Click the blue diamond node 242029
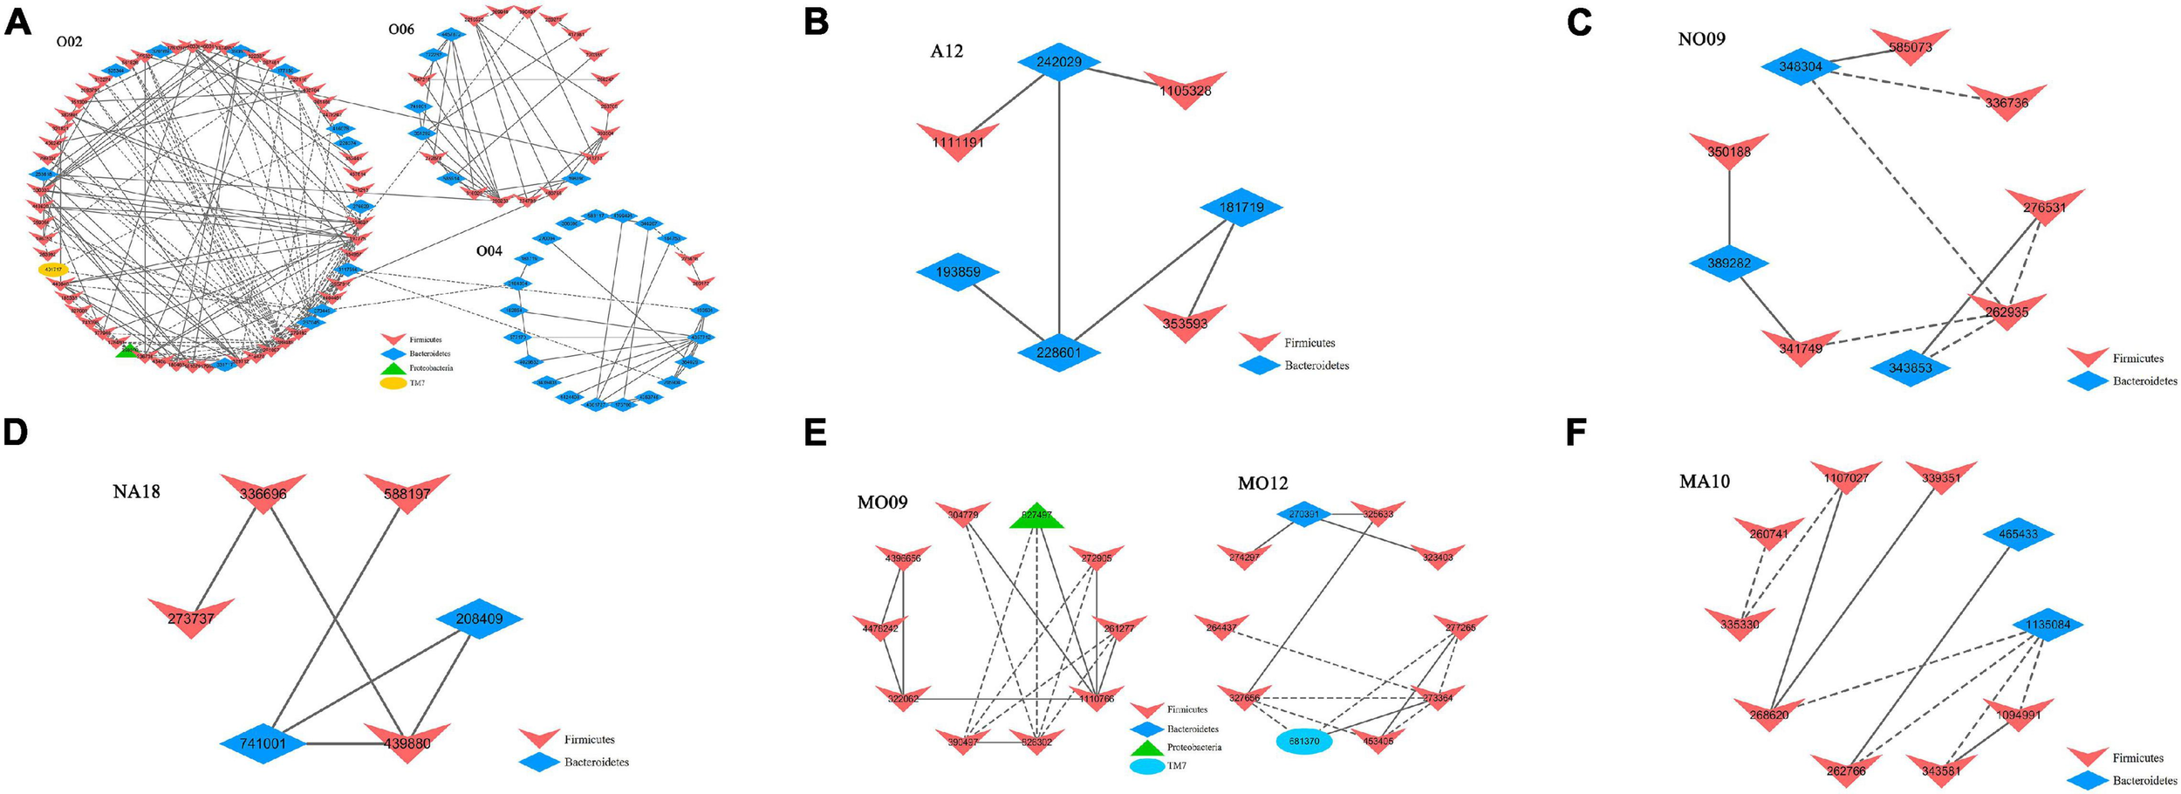click(x=1058, y=62)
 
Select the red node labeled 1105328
click(x=1185, y=89)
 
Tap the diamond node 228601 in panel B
click(x=1058, y=353)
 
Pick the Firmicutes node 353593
click(x=1185, y=322)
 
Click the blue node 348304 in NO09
click(x=1802, y=66)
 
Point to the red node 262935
click(x=2007, y=311)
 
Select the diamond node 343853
click(x=1911, y=367)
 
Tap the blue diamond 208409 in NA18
click(x=479, y=619)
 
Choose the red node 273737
click(x=191, y=617)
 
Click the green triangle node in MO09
click(x=1036, y=517)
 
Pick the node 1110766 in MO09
click(x=1096, y=698)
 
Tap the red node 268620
click(x=1769, y=714)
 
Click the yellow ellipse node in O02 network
click(x=53, y=270)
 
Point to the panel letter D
click(x=16, y=434)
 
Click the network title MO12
click(x=1262, y=483)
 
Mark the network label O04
click(x=489, y=251)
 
